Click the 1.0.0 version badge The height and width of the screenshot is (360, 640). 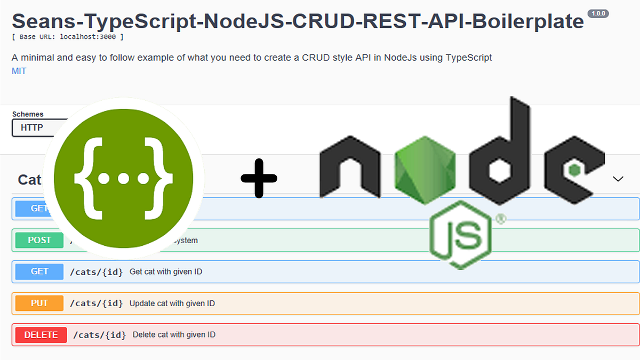598,13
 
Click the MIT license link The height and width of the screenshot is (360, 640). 19,71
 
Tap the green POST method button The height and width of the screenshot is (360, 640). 39,241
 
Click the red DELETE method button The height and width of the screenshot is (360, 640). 41,335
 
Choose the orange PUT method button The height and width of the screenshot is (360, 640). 39,303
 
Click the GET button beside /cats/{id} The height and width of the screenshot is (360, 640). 39,271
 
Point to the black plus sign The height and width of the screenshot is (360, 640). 259,179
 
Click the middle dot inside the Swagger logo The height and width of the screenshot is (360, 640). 123,178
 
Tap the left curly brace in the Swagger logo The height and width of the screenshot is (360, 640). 86,178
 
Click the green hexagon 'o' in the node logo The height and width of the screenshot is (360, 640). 425,170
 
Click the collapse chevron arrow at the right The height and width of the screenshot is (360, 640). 618,179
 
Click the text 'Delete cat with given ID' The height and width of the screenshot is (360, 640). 174,335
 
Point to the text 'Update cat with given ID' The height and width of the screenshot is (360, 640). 172,303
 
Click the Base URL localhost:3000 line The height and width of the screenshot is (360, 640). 68,37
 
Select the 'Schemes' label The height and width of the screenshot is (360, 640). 28,114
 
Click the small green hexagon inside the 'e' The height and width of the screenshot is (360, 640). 574,170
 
